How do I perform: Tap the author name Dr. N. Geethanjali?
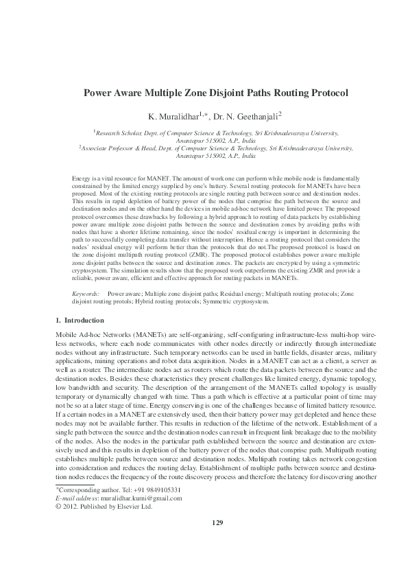(248, 115)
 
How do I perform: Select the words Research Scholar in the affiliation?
(118, 130)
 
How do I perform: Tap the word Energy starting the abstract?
(81, 178)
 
